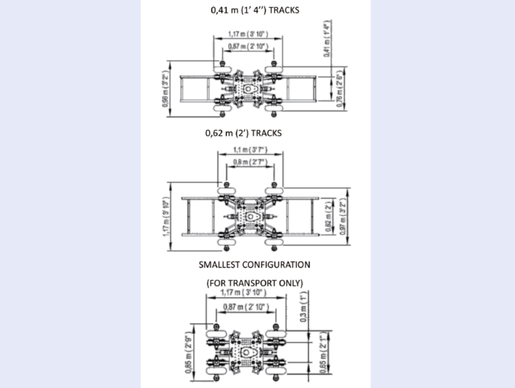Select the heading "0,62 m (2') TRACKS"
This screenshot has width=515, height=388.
(243, 134)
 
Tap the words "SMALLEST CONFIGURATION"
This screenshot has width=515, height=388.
(254, 265)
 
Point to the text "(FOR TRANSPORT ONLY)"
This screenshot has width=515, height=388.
(254, 283)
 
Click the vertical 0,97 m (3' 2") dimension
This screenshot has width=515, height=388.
(342, 217)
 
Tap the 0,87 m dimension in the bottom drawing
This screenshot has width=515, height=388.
(245, 307)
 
